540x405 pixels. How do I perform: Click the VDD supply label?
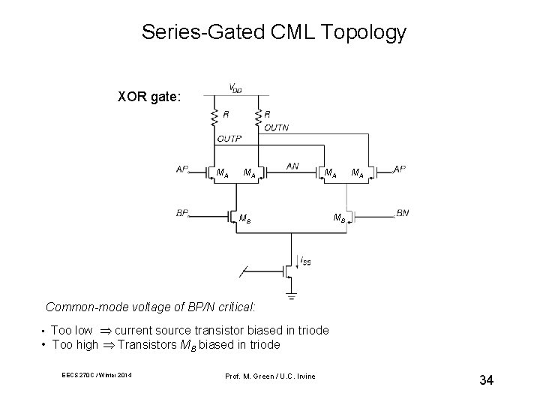pyautogui.click(x=235, y=87)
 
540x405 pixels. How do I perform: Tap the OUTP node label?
pyautogui.click(x=229, y=138)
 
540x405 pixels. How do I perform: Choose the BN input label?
pyautogui.click(x=402, y=213)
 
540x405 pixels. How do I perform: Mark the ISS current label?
pyautogui.click(x=304, y=261)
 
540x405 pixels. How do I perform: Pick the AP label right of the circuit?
pyautogui.click(x=400, y=169)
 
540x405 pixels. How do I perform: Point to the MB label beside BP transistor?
pyautogui.click(x=244, y=220)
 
